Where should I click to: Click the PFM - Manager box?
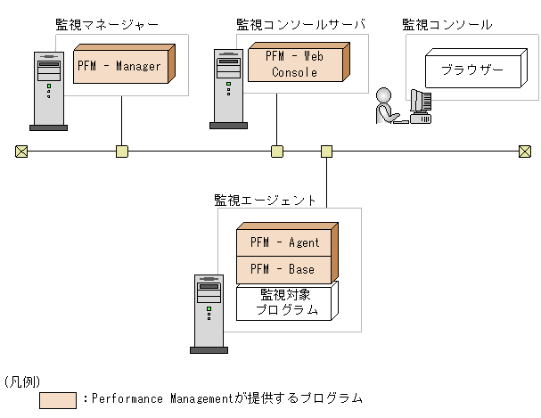tap(120, 66)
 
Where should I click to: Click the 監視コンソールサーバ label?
tap(300, 25)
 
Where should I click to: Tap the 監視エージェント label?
tap(265, 200)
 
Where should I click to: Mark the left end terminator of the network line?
tap(21, 151)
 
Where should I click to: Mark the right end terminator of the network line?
tap(525, 151)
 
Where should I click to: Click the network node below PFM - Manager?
tap(122, 151)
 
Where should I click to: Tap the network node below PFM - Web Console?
tap(277, 151)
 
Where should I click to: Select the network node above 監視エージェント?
tap(326, 151)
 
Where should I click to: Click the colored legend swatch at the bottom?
tap(58, 400)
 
